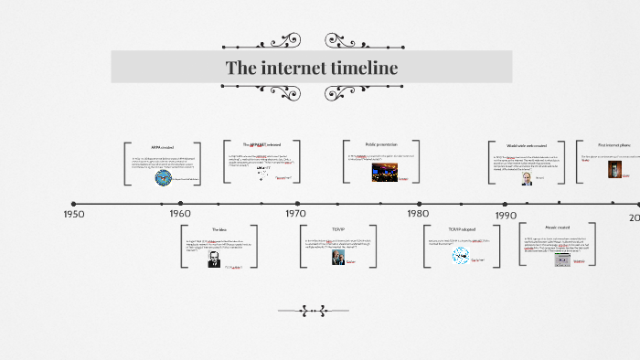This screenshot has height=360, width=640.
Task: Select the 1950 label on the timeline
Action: click(73, 214)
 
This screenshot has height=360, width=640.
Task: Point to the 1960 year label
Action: click(180, 214)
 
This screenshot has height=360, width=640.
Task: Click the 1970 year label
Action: click(295, 213)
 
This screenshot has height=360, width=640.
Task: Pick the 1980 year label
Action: click(418, 213)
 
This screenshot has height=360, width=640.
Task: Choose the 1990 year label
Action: click(507, 215)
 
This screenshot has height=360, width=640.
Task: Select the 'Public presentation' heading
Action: click(381, 144)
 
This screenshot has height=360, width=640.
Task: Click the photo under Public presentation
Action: click(378, 172)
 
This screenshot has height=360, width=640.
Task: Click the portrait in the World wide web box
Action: click(527, 178)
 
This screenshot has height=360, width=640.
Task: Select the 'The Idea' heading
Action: click(219, 229)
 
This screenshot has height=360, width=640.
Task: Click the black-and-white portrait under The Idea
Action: click(214, 259)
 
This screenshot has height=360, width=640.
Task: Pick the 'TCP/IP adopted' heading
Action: click(460, 229)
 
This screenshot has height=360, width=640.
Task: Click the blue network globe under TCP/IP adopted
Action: click(461, 256)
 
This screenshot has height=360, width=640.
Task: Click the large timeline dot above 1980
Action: click(420, 204)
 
